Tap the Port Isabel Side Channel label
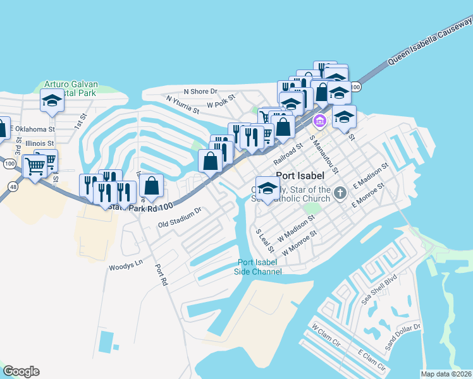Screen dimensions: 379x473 [259, 267]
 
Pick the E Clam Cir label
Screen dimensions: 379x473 [371, 360]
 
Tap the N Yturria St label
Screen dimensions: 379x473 [183, 104]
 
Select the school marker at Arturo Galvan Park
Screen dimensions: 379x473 [52, 100]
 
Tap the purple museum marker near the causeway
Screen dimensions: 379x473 [320, 121]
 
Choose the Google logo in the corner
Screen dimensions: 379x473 [21, 371]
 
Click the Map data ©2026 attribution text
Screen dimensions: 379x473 [446, 374]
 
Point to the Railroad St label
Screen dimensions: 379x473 [288, 153]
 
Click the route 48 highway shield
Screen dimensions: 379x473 [13, 186]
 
